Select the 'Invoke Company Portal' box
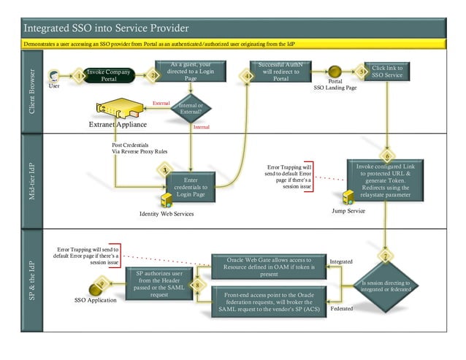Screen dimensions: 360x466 [x=109, y=76]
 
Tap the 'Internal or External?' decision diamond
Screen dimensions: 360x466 [x=190, y=109]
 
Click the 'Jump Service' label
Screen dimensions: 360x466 [x=348, y=210]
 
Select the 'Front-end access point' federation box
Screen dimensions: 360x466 [x=268, y=299]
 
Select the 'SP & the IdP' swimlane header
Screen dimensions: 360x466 [x=31, y=280]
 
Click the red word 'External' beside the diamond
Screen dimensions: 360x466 [x=160, y=104]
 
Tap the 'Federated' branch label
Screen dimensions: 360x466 [x=341, y=309]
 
